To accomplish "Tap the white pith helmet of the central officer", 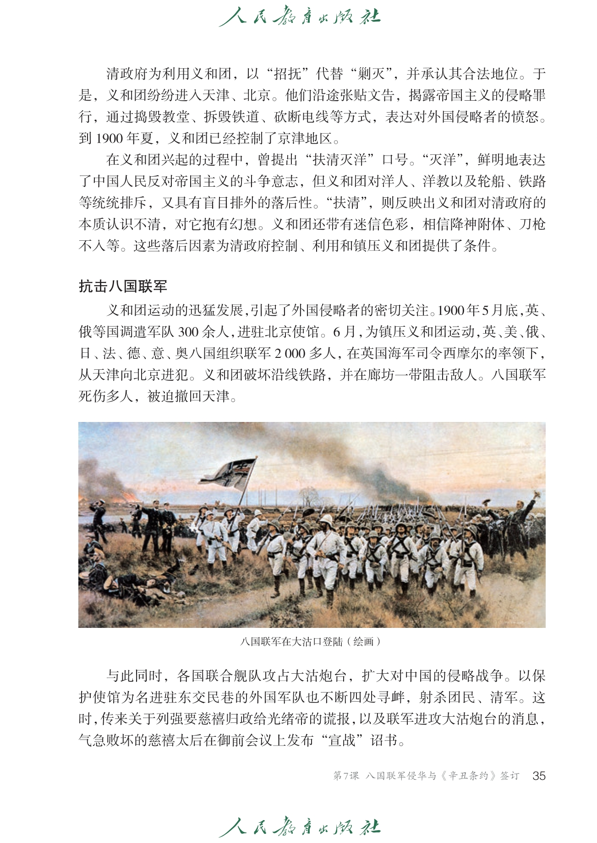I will point(327,520).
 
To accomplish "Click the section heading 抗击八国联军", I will point(123,286).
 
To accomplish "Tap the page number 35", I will point(539,775).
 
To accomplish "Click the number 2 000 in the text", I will point(290,353).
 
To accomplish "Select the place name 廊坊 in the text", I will point(383,375).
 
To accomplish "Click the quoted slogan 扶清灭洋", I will point(340,160).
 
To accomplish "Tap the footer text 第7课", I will point(345,776).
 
